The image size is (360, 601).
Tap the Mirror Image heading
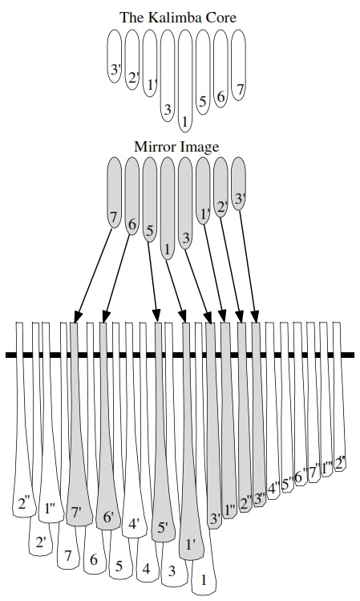pyautogui.click(x=176, y=146)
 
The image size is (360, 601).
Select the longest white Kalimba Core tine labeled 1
pyautogui.click(x=185, y=81)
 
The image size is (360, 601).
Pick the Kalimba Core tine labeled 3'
pyautogui.click(x=115, y=56)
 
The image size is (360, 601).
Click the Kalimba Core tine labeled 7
pyautogui.click(x=239, y=65)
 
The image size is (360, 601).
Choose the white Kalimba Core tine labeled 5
pyautogui.click(x=203, y=71)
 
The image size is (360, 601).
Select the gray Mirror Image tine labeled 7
pyautogui.click(x=115, y=193)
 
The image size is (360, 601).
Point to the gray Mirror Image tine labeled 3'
pyautogui.click(x=239, y=184)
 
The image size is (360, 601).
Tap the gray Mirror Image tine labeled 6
pyautogui.click(x=132, y=196)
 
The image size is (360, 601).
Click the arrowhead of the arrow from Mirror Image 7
pyautogui.click(x=77, y=317)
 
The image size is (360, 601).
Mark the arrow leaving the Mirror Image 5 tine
pyautogui.click(x=153, y=282)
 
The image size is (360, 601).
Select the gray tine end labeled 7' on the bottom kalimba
pyautogui.click(x=79, y=513)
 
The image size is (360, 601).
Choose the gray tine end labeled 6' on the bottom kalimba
pyautogui.click(x=108, y=518)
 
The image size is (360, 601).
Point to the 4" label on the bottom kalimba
pyautogui.click(x=274, y=489)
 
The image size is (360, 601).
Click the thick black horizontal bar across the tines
pyautogui.click(x=180, y=355)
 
